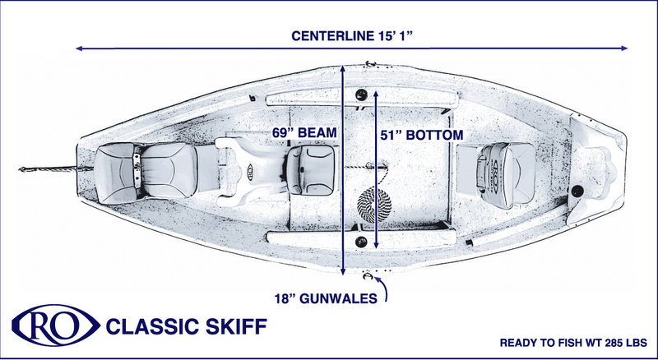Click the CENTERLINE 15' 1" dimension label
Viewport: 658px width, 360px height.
tap(349, 35)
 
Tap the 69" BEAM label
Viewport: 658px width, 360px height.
tap(304, 132)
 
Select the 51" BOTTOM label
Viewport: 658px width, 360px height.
tap(422, 134)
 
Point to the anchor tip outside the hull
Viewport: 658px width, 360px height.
tap(23, 169)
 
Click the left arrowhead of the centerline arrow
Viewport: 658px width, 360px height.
tap(79, 48)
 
